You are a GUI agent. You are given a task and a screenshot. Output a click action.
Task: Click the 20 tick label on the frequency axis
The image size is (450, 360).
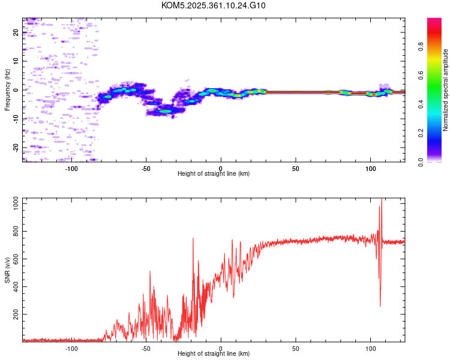[x=16, y=32]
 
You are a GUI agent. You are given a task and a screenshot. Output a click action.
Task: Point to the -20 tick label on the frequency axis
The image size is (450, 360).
[x=16, y=147]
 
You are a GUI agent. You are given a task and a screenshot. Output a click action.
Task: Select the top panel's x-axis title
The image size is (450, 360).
[x=214, y=173]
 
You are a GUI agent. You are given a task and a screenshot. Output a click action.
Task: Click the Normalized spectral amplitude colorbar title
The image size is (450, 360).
[x=446, y=90]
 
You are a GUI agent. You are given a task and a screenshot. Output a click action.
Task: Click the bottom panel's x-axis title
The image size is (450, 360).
[x=214, y=353]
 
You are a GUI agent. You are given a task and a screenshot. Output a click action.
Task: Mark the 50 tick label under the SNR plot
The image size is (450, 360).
[x=296, y=348]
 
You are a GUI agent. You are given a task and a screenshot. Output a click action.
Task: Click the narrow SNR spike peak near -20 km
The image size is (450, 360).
[x=193, y=239]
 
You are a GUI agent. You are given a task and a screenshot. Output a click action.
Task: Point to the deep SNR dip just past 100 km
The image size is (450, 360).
[x=380, y=306]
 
